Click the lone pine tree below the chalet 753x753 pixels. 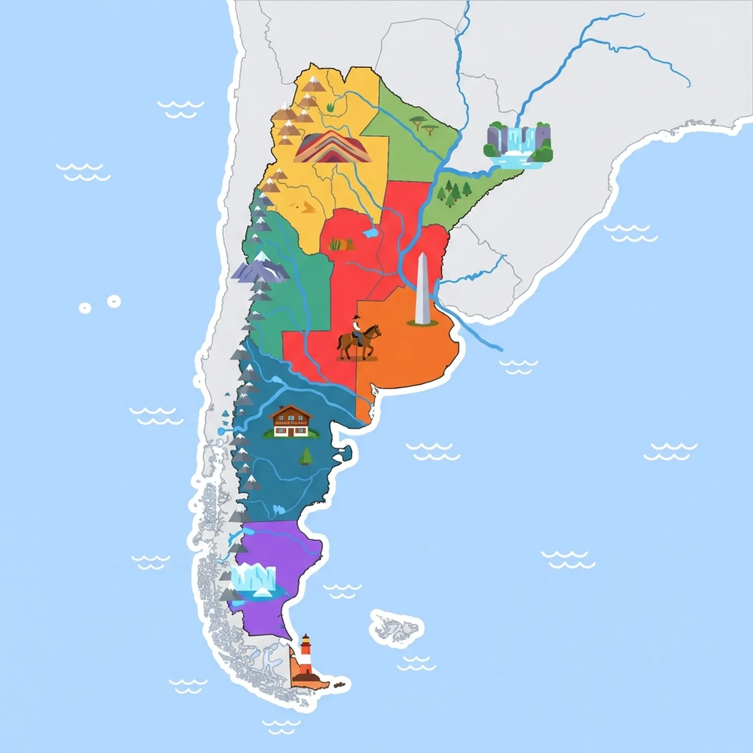pyautogui.click(x=306, y=456)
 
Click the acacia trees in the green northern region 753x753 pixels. pyautogui.click(x=423, y=125)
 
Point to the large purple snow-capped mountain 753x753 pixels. pyautogui.click(x=260, y=267)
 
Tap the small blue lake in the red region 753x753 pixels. pyautogui.click(x=370, y=233)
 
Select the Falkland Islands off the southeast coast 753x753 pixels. pyautogui.click(x=396, y=627)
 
